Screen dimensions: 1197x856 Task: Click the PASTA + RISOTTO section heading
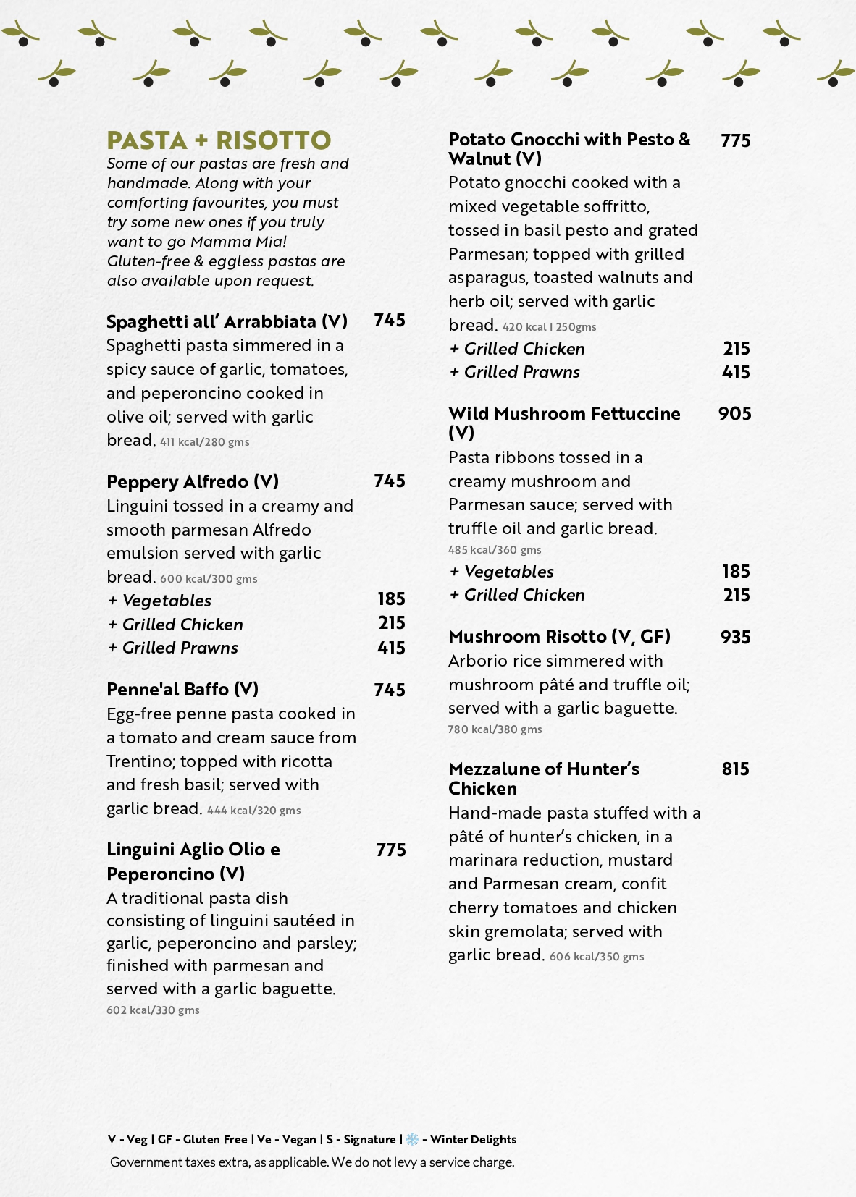[219, 140]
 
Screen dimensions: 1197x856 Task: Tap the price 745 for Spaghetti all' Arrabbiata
[390, 321]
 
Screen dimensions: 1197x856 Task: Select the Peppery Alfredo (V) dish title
[193, 482]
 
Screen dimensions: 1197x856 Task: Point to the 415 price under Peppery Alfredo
[391, 648]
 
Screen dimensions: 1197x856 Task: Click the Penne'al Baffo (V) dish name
[182, 690]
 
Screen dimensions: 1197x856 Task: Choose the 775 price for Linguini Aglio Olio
[391, 850]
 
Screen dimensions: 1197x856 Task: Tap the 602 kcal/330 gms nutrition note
[153, 1010]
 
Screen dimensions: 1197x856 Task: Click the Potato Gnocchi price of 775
[736, 141]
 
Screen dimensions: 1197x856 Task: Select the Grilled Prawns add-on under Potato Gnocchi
[515, 373]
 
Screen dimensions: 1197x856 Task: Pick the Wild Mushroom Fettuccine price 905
[735, 414]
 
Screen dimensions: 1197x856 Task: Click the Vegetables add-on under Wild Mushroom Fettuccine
[502, 572]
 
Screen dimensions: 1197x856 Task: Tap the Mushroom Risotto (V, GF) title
[559, 637]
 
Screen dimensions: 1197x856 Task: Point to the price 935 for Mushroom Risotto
[736, 638]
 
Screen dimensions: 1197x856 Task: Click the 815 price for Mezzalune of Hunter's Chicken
[736, 769]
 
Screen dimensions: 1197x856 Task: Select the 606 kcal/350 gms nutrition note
[597, 957]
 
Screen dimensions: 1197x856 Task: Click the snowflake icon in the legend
[412, 1140]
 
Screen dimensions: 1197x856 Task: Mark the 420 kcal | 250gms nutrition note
[550, 327]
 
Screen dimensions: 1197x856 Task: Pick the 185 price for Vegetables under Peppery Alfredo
[391, 599]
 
